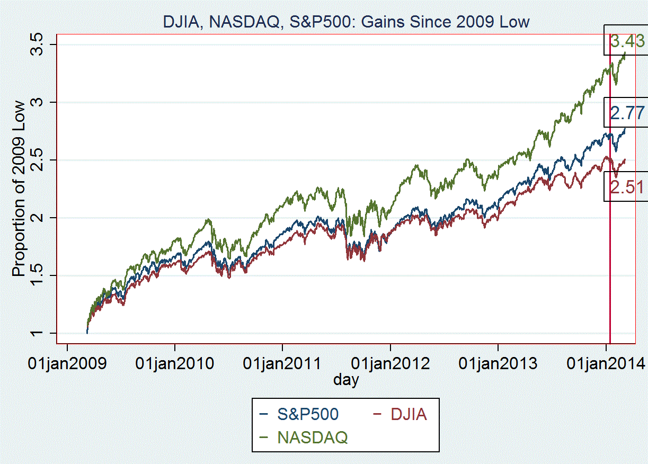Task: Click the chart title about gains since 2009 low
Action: click(346, 22)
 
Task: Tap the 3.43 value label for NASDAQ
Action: click(627, 41)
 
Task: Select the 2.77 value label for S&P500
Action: click(627, 113)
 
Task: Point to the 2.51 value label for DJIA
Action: click(627, 187)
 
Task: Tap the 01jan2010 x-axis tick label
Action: click(175, 364)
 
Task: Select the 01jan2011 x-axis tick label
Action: click(282, 364)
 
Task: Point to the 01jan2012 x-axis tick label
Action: click(390, 364)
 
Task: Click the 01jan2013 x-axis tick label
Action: click(498, 364)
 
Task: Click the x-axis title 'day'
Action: click(346, 380)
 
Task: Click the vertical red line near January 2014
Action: click(610, 265)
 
